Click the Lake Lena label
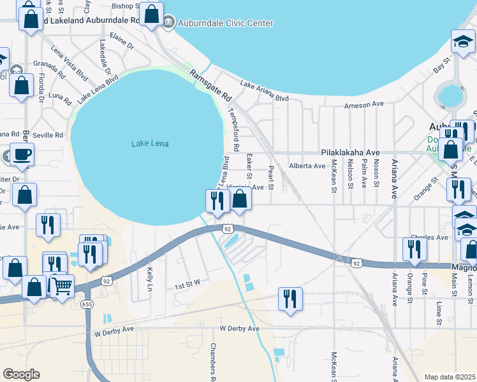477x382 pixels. pyautogui.click(x=150, y=143)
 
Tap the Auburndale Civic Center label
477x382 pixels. pyautogui.click(x=226, y=24)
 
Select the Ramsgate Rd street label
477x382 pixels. pyautogui.click(x=210, y=83)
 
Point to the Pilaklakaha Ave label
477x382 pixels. pyautogui.click(x=350, y=153)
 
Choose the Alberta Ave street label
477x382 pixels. pyautogui.click(x=307, y=166)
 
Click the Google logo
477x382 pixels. pyautogui.click(x=21, y=374)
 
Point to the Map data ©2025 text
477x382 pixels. pyautogui.click(x=450, y=377)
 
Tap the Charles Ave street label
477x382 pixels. pyautogui.click(x=429, y=237)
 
